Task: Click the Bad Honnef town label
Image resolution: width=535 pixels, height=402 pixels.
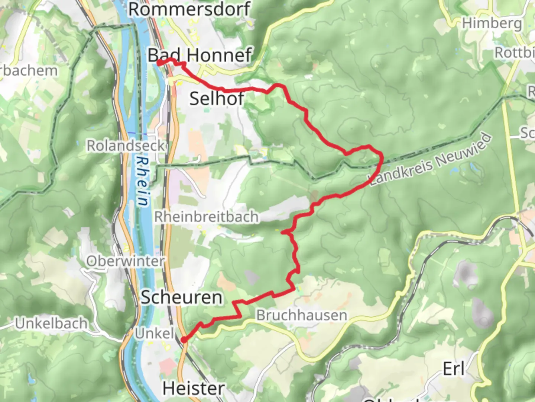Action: [200, 55]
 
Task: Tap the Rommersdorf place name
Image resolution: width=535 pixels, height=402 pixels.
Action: [189, 9]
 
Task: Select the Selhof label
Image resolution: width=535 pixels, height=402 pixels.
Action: [217, 99]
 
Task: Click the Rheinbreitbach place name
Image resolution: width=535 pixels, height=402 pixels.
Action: [206, 217]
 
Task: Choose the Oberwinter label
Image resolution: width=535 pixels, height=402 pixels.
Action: [125, 261]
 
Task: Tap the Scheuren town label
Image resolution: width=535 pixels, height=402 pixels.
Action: [181, 297]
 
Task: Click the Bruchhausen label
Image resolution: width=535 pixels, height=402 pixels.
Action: [302, 315]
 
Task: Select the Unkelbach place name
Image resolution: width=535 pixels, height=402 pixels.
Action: [51, 323]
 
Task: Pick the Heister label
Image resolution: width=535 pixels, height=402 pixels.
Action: [193, 389]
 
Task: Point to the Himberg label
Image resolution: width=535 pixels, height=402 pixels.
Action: [492, 23]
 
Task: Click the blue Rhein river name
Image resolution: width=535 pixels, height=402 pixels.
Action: [142, 181]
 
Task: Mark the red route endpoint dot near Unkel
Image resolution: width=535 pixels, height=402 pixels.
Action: [184, 339]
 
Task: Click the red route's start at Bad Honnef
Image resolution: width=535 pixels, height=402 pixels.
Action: [159, 63]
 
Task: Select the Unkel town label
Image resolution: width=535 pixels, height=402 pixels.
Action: [154, 333]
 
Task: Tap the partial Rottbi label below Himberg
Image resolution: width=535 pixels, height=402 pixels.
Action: [514, 53]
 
